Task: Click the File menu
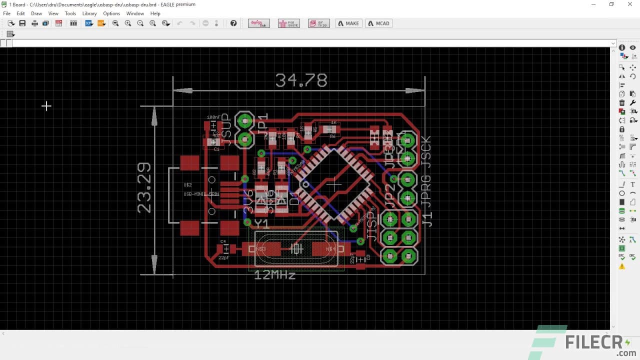(x=7, y=13)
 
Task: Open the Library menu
(x=89, y=13)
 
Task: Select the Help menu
(x=155, y=13)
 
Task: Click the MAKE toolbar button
(x=348, y=23)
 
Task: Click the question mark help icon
(x=233, y=23)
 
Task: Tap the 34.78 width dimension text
(x=301, y=80)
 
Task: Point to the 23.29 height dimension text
(x=144, y=188)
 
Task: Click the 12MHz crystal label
(x=274, y=275)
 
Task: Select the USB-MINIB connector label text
(x=201, y=194)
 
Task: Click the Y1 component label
(x=261, y=223)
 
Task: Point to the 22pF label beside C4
(x=224, y=258)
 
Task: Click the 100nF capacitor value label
(x=213, y=117)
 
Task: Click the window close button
(x=629, y=4)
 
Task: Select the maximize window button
(x=611, y=4)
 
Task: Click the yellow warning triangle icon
(x=622, y=266)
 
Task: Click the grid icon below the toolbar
(x=10, y=34)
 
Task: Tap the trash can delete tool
(x=622, y=102)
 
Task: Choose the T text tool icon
(x=632, y=184)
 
